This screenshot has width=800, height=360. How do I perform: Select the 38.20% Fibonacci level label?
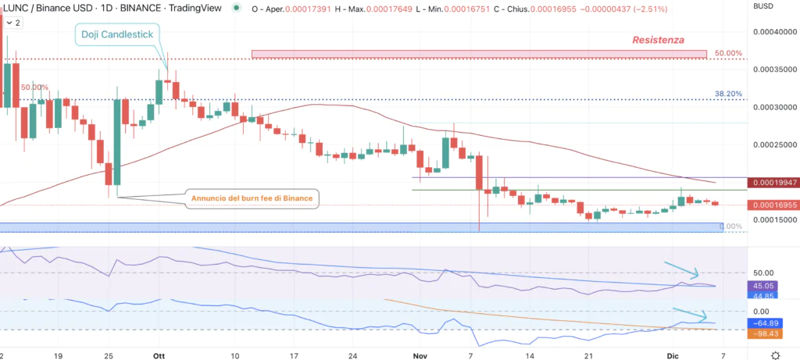pyautogui.click(x=728, y=94)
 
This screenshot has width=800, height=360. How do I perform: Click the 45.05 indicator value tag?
pyautogui.click(x=762, y=286)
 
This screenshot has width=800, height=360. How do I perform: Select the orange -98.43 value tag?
pyautogui.click(x=762, y=333)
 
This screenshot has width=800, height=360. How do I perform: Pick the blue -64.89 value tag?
pyautogui.click(x=762, y=323)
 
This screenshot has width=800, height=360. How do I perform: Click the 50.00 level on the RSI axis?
pyautogui.click(x=762, y=273)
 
